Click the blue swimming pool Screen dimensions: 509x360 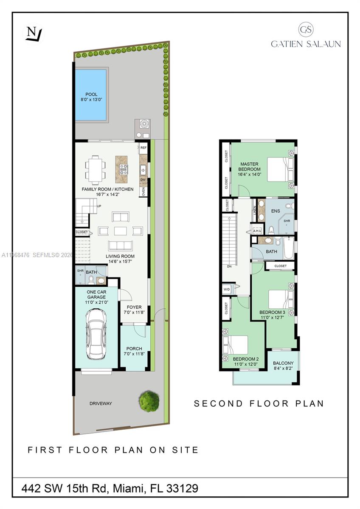point(90,95)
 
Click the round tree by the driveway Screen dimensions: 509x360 point(149,400)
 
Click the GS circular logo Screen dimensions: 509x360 point(306,29)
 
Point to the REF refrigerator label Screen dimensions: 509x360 point(143,148)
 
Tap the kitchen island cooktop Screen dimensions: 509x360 point(124,169)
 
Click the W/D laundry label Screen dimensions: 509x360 point(226,290)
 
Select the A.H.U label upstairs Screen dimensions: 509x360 point(257,231)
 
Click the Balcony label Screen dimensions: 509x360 point(283,363)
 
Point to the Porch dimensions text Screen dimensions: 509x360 point(134,354)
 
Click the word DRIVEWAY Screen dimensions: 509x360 point(101,403)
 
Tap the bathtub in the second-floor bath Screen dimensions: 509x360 point(288,249)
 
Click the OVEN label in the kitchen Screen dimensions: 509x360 point(143,192)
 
